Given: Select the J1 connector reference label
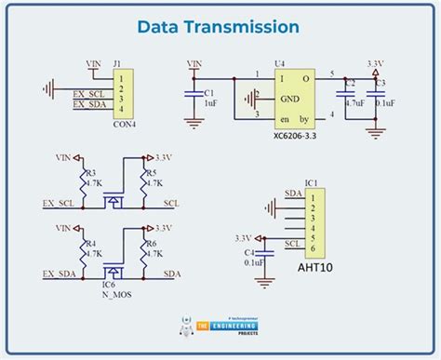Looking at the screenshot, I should pyautogui.click(x=117, y=65).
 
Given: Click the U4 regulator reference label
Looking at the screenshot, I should pyautogui.click(x=278, y=64).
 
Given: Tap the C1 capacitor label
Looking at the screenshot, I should pyautogui.click(x=209, y=93).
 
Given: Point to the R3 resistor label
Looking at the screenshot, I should pyautogui.click(x=89, y=173).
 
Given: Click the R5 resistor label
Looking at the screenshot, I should pyautogui.click(x=153, y=173).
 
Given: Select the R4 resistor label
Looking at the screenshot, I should pyautogui.click(x=89, y=242).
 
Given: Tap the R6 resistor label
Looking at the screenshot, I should pyautogui.click(x=153, y=242).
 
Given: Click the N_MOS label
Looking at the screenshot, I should pyautogui.click(x=116, y=295).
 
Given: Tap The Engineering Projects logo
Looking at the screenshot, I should pyautogui.click(x=220, y=328).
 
